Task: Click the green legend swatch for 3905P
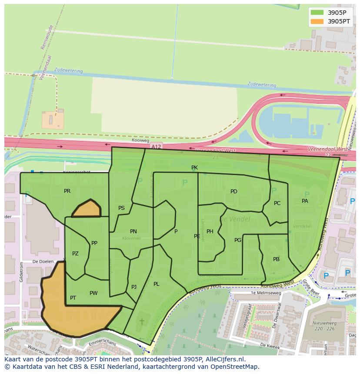[317, 13]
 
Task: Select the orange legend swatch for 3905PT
[317, 21]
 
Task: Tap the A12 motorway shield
[156, 147]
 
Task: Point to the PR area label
[67, 191]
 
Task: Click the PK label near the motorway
[194, 168]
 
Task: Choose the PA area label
[305, 201]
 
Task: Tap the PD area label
[234, 192]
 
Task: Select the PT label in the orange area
[73, 298]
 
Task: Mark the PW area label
[93, 293]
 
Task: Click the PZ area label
[75, 254]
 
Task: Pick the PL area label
[157, 284]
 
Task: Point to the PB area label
[276, 259]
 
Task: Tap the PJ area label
[134, 287]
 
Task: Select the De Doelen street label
[43, 262]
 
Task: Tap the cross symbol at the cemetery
[142, 322]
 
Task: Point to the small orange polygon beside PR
[87, 209]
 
